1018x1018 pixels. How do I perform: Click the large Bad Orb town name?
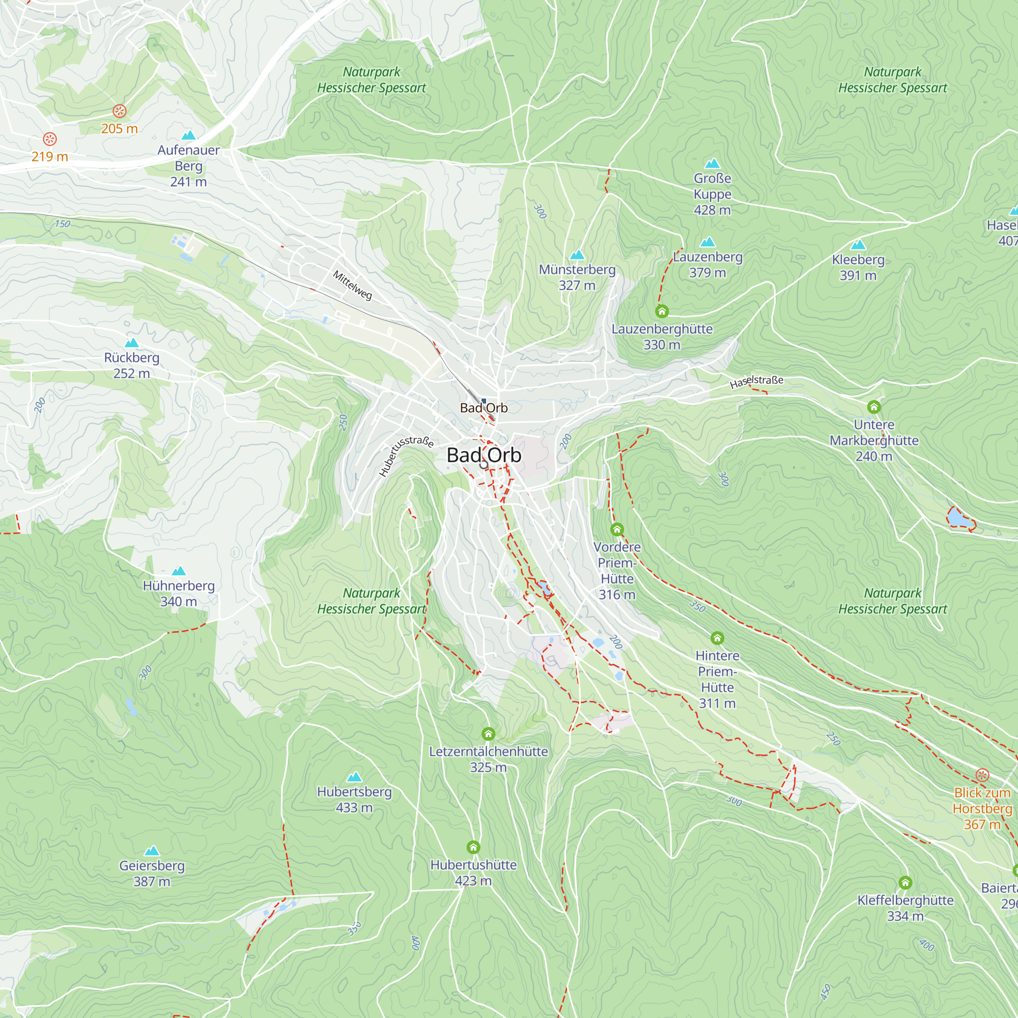[484, 455]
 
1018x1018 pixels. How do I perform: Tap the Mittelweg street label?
[352, 285]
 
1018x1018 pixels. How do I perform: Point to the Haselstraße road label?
[756, 381]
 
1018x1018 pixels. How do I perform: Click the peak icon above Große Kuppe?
[712, 163]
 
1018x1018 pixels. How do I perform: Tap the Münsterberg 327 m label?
[577, 277]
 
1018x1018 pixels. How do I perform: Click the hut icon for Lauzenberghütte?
[662, 312]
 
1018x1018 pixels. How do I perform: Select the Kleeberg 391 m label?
[858, 267]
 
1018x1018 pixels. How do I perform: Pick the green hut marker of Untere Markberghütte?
[873, 407]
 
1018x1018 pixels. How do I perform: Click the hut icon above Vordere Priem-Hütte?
[617, 529]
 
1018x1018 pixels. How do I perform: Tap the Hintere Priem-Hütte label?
[717, 679]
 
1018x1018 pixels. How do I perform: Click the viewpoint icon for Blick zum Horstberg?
[982, 775]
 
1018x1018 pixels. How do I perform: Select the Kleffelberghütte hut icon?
[905, 883]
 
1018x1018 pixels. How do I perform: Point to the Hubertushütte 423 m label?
[473, 872]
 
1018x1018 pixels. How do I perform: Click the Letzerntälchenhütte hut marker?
[489, 733]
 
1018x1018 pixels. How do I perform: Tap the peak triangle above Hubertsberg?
[354, 777]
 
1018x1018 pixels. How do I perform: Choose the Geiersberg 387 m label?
[152, 873]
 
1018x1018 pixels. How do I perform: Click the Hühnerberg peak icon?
[179, 571]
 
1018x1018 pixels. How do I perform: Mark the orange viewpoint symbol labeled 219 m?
[49, 139]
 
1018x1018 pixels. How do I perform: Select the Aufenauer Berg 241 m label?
[189, 165]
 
